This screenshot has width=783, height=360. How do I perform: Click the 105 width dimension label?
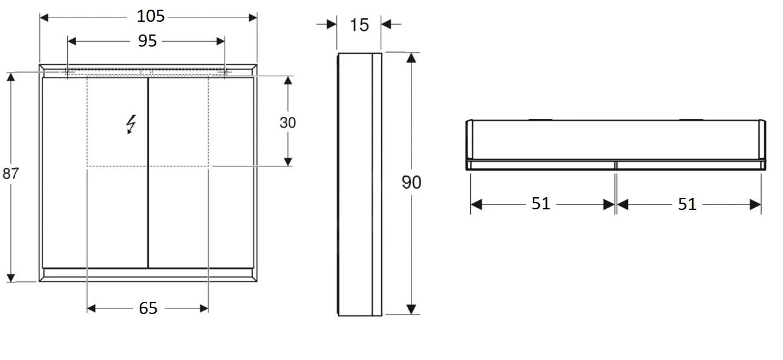[x=148, y=16]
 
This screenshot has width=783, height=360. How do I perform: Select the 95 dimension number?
[x=147, y=41]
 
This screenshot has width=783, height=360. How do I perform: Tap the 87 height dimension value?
[x=10, y=174]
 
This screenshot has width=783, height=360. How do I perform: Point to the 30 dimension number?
[x=288, y=122]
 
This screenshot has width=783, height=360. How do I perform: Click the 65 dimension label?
[x=148, y=309]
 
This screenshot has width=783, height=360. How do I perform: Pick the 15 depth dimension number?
[x=359, y=25]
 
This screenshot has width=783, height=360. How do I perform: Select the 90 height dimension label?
[x=411, y=182]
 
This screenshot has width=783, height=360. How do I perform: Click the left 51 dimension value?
[x=541, y=204]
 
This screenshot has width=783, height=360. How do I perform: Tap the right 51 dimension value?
[x=687, y=204]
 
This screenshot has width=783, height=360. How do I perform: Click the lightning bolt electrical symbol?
[x=131, y=124]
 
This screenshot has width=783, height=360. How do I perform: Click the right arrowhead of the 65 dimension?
[x=204, y=309]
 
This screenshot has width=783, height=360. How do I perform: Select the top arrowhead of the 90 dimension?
[x=411, y=58]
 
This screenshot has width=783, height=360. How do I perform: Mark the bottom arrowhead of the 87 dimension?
[x=10, y=278]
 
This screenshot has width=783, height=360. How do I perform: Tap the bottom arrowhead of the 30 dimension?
[x=288, y=161]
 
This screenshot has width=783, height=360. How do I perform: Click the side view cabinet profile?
[x=359, y=184]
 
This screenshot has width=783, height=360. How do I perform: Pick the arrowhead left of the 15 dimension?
[x=332, y=24]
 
